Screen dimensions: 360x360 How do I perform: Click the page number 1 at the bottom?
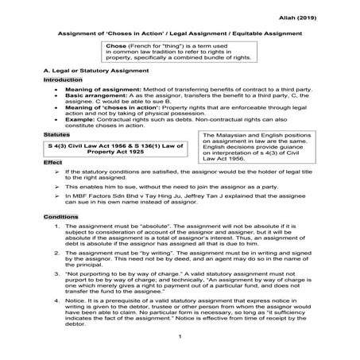(x=180, y=343)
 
